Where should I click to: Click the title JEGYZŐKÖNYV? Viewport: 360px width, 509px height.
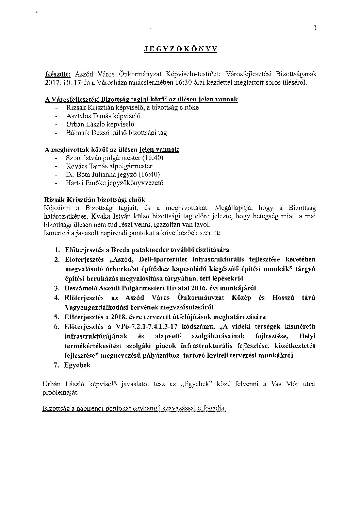pos(180,49)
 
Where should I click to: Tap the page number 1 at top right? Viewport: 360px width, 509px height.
pos(315,28)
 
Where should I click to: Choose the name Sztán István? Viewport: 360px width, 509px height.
pos(83,158)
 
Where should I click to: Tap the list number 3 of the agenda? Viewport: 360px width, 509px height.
pos(57,288)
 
